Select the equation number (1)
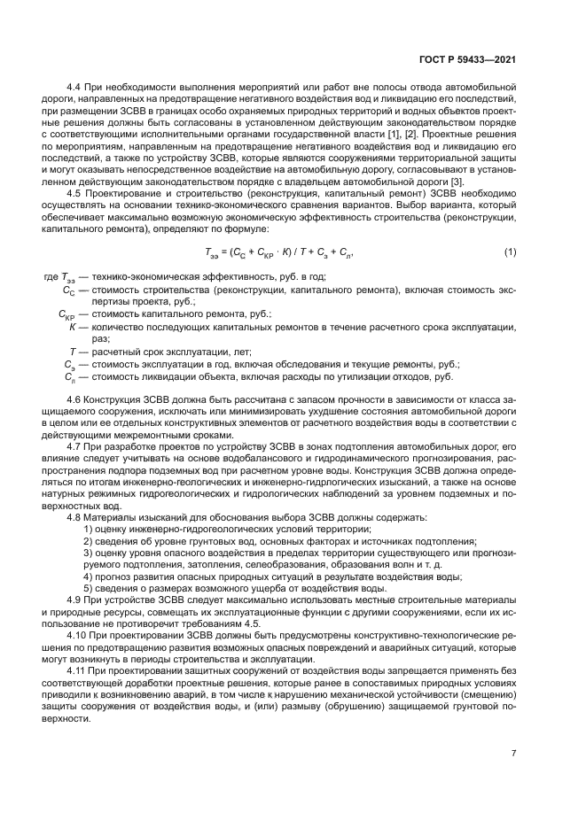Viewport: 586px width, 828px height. coord(510,252)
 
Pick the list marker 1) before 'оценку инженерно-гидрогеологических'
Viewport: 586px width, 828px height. coord(89,528)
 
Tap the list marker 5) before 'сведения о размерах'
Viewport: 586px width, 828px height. coord(89,588)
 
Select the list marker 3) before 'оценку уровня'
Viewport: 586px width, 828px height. coord(89,552)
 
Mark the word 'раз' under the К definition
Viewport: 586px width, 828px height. coord(99,338)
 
